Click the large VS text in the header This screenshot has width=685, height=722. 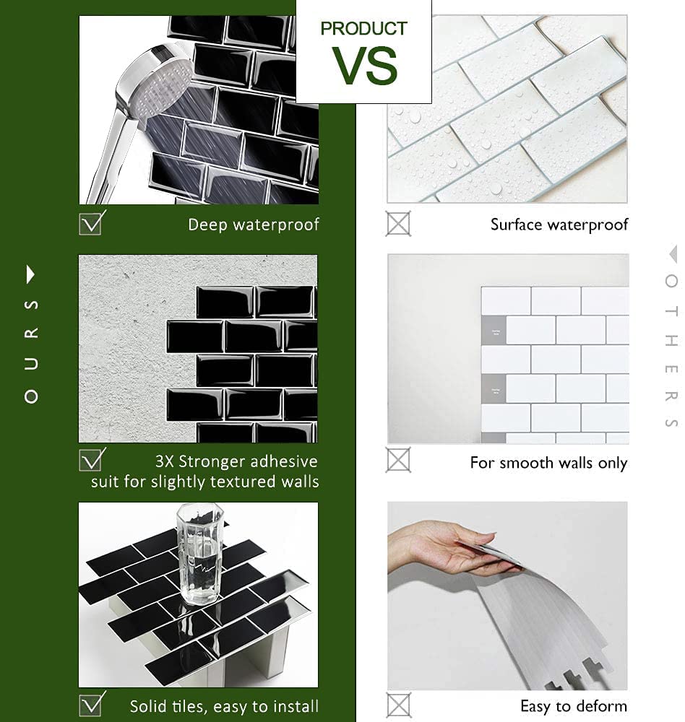(365, 65)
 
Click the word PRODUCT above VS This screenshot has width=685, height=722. (364, 29)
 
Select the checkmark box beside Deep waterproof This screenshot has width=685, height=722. (91, 223)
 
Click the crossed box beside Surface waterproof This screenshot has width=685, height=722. (397, 224)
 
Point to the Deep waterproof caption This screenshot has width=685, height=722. (253, 225)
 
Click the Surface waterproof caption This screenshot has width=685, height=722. (559, 225)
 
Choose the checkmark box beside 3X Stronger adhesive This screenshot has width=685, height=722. (91, 460)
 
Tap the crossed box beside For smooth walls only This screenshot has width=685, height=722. (397, 460)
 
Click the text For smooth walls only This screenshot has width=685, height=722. (548, 463)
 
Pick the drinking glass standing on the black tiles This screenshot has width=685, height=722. (197, 552)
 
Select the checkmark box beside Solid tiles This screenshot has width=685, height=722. (91, 704)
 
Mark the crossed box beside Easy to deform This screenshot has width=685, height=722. (397, 705)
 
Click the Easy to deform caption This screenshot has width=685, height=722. (574, 706)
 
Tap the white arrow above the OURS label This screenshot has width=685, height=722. (30, 274)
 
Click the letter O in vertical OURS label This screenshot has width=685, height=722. (30, 396)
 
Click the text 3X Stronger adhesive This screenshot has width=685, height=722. (236, 461)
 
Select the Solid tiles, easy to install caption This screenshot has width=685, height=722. (224, 706)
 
